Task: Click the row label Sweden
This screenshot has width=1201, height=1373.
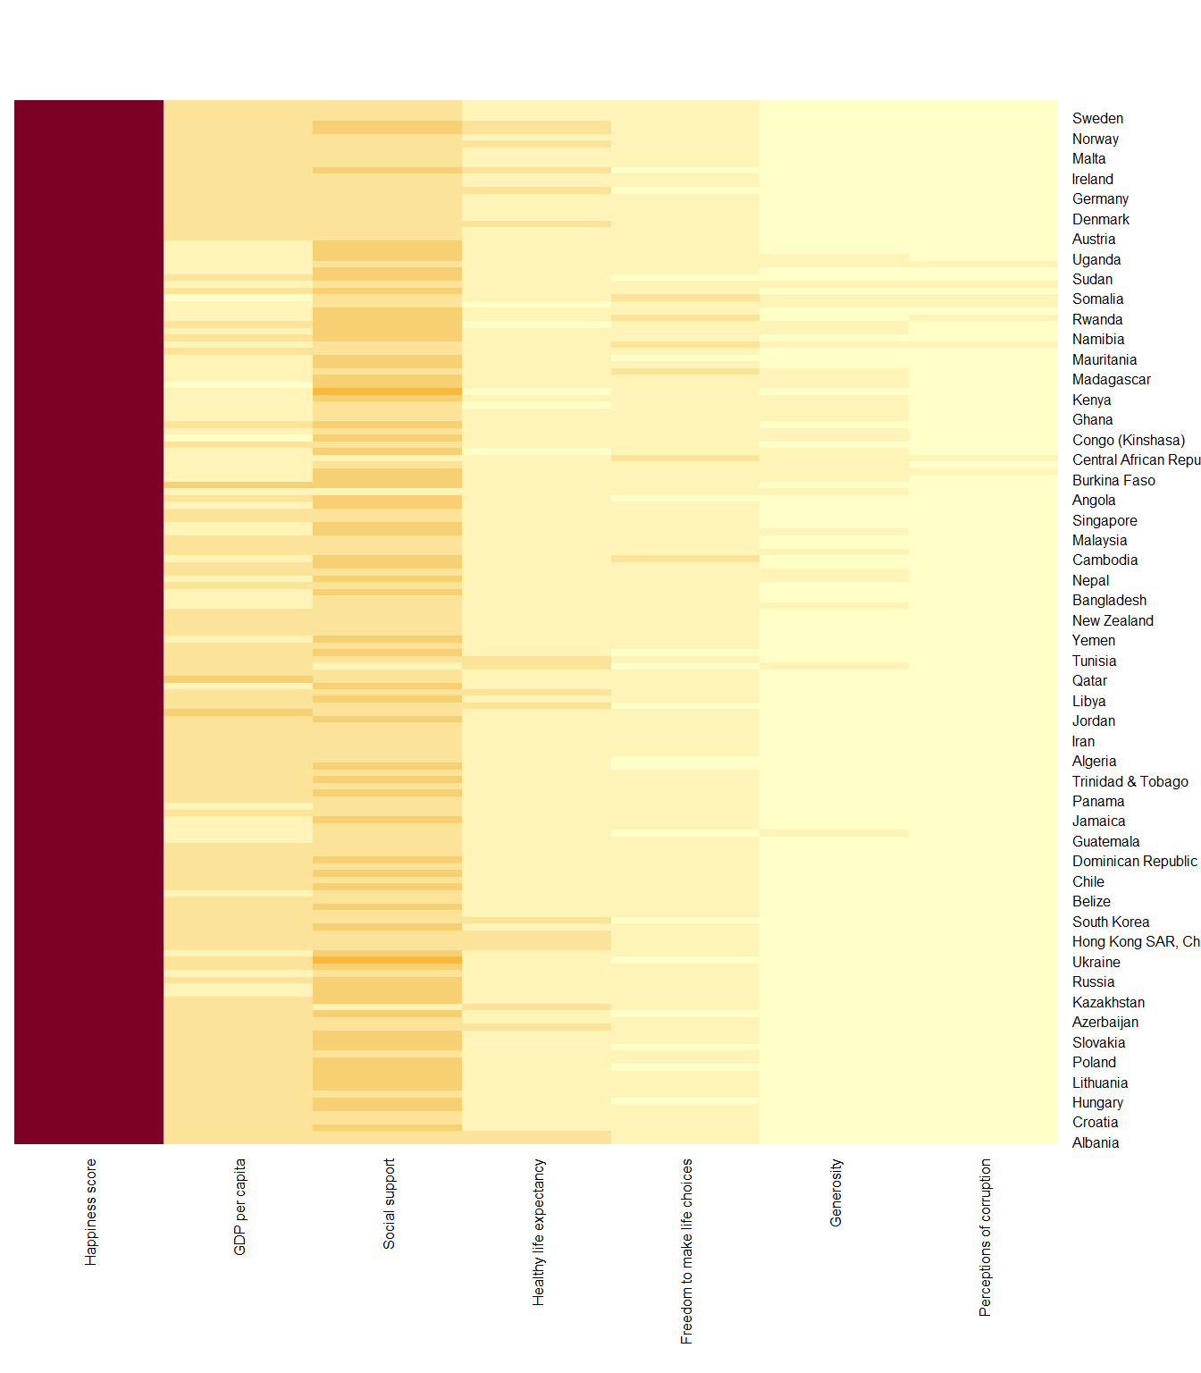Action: pyautogui.click(x=1097, y=119)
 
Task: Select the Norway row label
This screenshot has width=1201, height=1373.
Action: pyautogui.click(x=1095, y=139)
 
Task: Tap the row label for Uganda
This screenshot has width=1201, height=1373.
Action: pyautogui.click(x=1096, y=260)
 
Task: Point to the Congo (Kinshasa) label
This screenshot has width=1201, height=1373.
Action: pyautogui.click(x=1128, y=441)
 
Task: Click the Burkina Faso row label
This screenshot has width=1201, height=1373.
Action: pyautogui.click(x=1113, y=481)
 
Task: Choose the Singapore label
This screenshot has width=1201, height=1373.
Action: pyautogui.click(x=1104, y=521)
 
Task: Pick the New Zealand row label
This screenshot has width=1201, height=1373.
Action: pyautogui.click(x=1112, y=621)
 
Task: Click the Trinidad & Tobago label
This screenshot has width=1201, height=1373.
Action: pyautogui.click(x=1130, y=782)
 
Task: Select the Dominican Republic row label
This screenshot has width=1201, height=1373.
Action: pyautogui.click(x=1134, y=862)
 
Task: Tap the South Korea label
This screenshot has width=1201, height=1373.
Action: pyautogui.click(x=1110, y=922)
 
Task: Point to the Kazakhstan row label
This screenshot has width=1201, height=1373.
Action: pyautogui.click(x=1107, y=1003)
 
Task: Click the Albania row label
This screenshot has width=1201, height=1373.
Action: pyautogui.click(x=1095, y=1143)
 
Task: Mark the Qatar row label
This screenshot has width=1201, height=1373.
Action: pyautogui.click(x=1088, y=681)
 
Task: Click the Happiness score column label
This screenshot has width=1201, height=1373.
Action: pyautogui.click(x=90, y=1212)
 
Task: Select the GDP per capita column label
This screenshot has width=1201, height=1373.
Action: pyautogui.click(x=239, y=1207)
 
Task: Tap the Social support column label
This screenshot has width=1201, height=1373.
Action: pyautogui.click(x=389, y=1204)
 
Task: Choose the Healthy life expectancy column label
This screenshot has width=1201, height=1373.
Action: pyautogui.click(x=538, y=1233)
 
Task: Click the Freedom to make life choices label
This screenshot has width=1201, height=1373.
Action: pyautogui.click(x=686, y=1251)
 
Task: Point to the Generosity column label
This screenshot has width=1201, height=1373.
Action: pyautogui.click(x=836, y=1193)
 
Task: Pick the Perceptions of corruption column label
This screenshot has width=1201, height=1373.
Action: pyautogui.click(x=985, y=1238)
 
